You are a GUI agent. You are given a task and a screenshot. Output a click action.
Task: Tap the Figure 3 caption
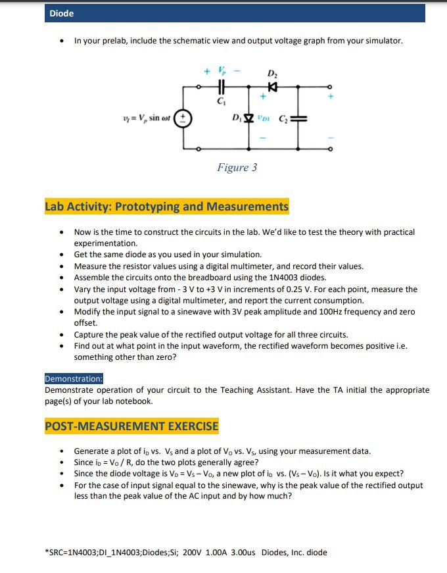[x=237, y=167]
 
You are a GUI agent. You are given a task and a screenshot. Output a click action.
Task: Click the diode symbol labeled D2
[x=271, y=86]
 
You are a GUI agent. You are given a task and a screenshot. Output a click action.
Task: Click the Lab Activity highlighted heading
[x=166, y=207]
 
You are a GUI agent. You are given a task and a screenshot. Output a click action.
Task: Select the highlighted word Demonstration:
[x=74, y=378]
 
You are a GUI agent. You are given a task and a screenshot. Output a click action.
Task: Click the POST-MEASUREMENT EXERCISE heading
[x=131, y=426]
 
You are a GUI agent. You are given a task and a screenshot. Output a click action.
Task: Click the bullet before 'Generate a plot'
[x=61, y=451]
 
